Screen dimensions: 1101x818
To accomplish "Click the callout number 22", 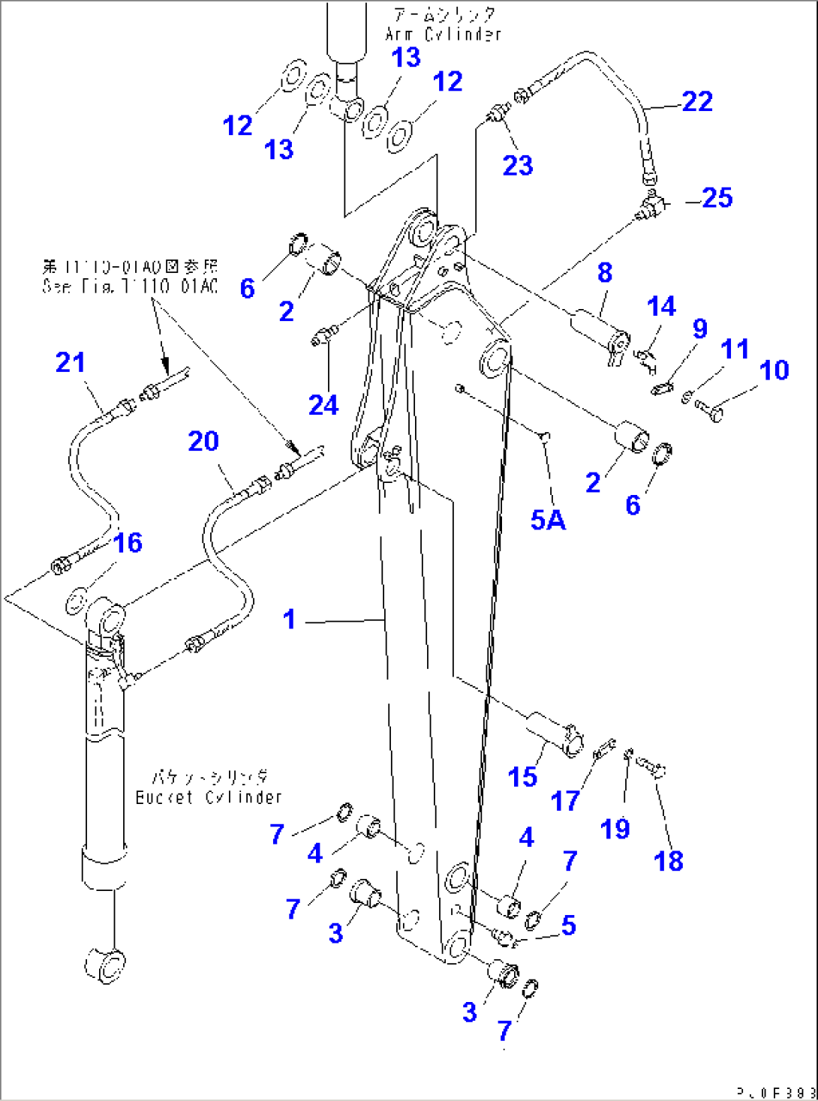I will tap(697, 101).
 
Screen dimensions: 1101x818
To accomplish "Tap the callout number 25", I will tap(717, 198).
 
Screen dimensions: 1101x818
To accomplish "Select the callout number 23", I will tap(518, 165).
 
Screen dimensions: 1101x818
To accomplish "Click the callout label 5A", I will tap(548, 520).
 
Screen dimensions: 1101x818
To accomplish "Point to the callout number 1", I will tap(290, 619).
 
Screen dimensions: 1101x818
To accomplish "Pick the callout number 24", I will tap(323, 405).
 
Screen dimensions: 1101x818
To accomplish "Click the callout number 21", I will tap(71, 362).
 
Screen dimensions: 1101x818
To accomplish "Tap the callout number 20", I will tap(203, 441).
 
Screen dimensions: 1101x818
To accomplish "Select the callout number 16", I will tap(128, 542).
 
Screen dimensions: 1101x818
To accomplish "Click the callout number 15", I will tap(522, 776).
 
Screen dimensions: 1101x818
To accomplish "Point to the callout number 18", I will tap(669, 860).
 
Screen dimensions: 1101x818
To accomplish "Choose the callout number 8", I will tap(605, 272).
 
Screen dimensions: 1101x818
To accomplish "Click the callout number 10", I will tap(774, 370).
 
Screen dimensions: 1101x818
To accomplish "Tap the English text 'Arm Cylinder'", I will tap(443, 34).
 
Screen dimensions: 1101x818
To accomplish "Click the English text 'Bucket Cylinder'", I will tap(209, 797).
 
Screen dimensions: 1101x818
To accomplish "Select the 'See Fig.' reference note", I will tap(130, 286).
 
